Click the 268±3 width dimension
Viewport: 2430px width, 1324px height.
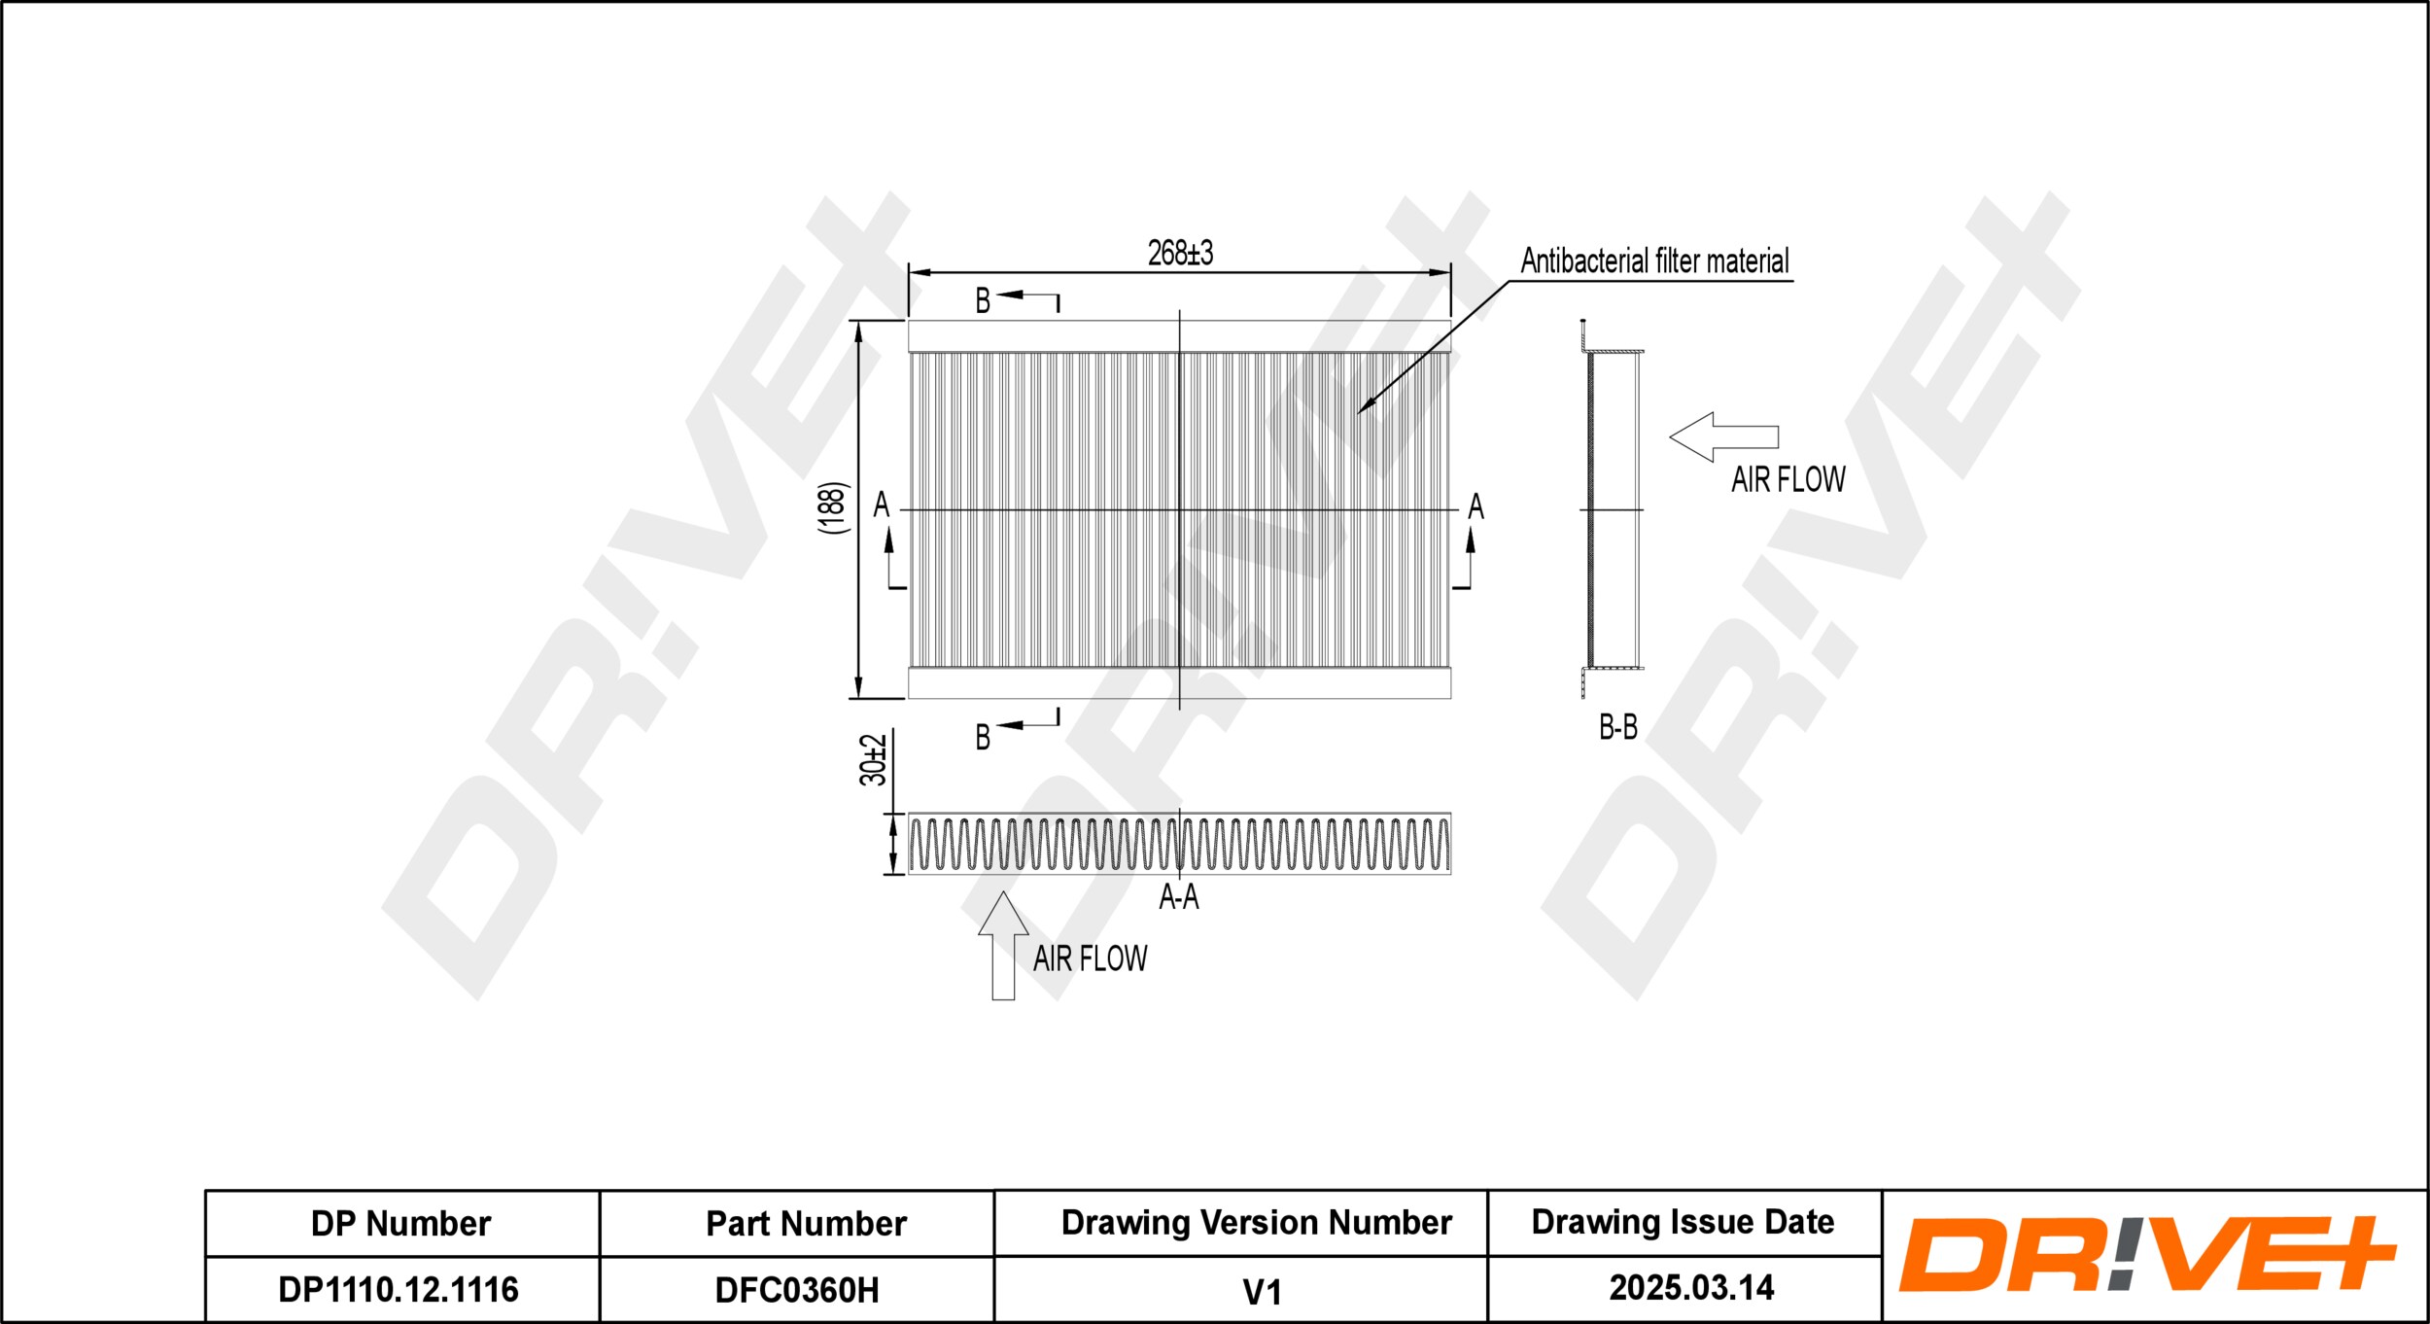tap(1180, 254)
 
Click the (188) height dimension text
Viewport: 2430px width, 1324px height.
tap(833, 507)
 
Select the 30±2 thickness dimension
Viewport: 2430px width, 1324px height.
tap(873, 760)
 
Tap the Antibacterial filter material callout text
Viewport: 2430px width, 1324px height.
tap(1654, 261)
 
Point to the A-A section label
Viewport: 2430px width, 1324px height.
tap(1178, 896)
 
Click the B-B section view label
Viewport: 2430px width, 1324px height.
tap(1618, 727)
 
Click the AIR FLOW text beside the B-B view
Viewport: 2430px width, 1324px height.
tap(1788, 480)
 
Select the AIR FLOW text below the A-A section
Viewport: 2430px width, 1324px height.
tap(1090, 959)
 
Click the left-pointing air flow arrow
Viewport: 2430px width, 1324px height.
tap(1723, 437)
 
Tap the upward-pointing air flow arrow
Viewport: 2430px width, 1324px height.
tap(1003, 944)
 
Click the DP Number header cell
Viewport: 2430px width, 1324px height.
tap(400, 1224)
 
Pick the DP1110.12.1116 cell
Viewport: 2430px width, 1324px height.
tap(399, 1290)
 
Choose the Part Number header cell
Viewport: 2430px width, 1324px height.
tap(806, 1224)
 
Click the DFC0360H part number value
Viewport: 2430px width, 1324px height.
tap(797, 1291)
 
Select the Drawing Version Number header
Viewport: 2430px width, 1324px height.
tap(1256, 1223)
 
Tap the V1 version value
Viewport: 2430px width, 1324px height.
tap(1262, 1292)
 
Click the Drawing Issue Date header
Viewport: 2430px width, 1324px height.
tap(1683, 1222)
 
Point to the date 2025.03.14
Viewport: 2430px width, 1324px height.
tap(1691, 1288)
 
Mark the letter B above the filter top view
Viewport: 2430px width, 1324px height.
tap(983, 301)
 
